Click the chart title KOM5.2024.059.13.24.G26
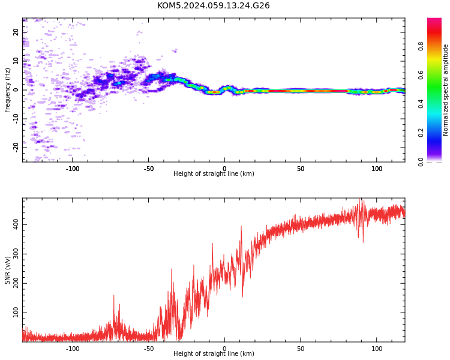pos(213,5)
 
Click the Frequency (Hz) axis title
pos(7,90)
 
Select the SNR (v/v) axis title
pos(7,270)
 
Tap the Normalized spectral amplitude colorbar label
pos(445,90)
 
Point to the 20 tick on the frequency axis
pos(16,32)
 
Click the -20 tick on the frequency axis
pos(16,148)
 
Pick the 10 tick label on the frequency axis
pos(16,61)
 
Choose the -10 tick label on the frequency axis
pos(16,119)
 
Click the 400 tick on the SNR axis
pos(16,224)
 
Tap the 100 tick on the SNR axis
pos(16,313)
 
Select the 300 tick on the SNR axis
pos(16,254)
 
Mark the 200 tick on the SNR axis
pos(16,283)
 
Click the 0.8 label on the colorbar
pos(421,46)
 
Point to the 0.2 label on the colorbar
pos(421,133)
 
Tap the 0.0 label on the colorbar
pos(421,162)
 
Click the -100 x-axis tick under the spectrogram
pos(73,169)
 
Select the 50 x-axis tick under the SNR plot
pos(301,349)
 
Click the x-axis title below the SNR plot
pos(214,353)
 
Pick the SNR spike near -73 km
pos(113,296)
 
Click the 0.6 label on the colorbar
pos(421,75)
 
